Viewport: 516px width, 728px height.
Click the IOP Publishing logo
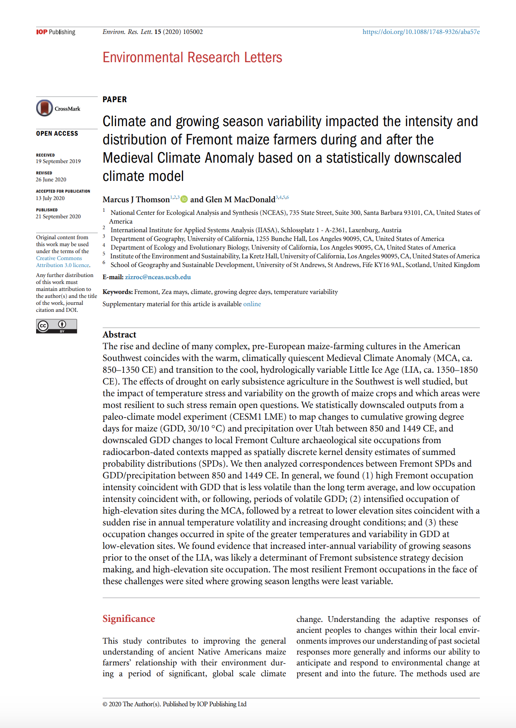coord(55,32)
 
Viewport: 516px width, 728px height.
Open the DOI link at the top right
coord(421,32)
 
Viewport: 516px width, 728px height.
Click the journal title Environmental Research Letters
coord(192,57)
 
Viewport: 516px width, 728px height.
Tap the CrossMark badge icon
coord(44,108)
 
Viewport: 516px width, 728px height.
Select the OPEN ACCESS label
coord(57,134)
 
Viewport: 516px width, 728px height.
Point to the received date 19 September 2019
coord(58,161)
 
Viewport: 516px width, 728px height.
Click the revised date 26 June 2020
coord(51,180)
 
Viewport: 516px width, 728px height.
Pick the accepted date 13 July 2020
coord(50,198)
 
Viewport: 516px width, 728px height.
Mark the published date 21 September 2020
coord(58,217)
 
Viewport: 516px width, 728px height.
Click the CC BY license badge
coord(57,326)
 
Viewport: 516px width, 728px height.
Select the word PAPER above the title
coord(115,100)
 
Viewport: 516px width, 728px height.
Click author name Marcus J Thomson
coord(136,200)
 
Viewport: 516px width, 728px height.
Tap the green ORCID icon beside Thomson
coord(184,199)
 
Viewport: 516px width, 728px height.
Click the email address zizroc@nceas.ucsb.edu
coord(158,277)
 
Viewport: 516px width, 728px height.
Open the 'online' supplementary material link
coord(252,304)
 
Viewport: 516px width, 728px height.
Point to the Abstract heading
coord(119,334)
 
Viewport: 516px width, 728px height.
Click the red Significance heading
coord(129,619)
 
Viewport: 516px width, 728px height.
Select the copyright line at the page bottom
coord(174,704)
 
